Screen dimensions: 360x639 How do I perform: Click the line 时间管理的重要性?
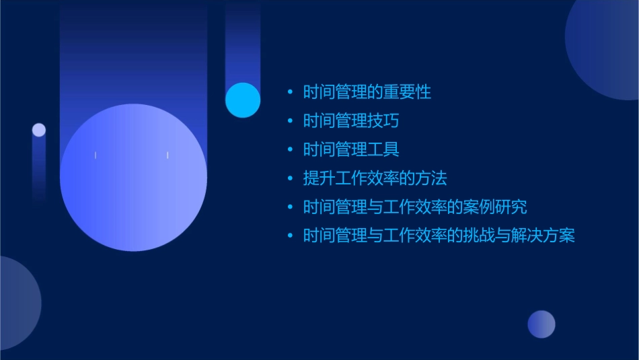[367, 92]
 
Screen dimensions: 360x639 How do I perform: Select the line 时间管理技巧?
[350, 121]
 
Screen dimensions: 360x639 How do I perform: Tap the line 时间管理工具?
[350, 149]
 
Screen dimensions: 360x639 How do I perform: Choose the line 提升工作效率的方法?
[375, 178]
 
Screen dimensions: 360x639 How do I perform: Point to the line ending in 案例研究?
[415, 207]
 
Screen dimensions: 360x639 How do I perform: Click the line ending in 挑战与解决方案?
[439, 236]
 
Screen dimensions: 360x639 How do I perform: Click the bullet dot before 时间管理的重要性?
[290, 92]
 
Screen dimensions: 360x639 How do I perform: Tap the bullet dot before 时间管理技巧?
[290, 121]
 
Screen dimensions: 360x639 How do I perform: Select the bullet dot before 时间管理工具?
[290, 149]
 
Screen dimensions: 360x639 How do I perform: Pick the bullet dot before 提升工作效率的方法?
[290, 178]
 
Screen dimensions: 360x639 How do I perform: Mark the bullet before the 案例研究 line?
[290, 207]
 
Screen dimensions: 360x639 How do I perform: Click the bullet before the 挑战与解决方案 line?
[290, 236]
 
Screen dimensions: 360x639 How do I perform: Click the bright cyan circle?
[243, 100]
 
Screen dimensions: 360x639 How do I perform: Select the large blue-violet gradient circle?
[133, 178]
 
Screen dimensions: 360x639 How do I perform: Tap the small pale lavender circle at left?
[39, 130]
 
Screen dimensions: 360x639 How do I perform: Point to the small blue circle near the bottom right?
[541, 324]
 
